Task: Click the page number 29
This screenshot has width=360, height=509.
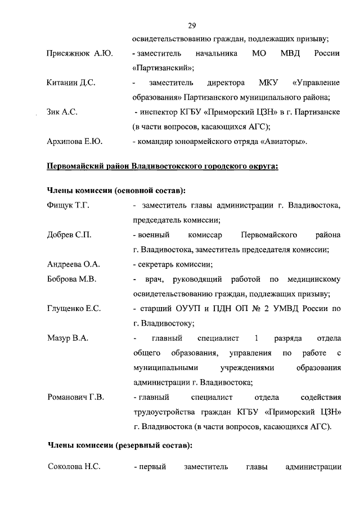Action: [192, 25]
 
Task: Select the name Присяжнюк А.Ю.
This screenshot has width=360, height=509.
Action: [79, 53]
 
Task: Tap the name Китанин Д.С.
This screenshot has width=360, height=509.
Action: [71, 83]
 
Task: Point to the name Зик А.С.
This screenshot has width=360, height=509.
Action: [62, 112]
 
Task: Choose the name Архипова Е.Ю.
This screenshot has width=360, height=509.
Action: [74, 141]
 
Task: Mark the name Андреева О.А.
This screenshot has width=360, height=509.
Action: [74, 264]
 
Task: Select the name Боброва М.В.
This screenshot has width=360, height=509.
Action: [71, 279]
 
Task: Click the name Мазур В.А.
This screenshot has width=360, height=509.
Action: [67, 338]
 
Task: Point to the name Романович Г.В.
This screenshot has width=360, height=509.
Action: [75, 397]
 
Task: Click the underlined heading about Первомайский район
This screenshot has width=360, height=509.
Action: [162, 166]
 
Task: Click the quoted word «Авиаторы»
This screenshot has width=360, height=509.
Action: [283, 141]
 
